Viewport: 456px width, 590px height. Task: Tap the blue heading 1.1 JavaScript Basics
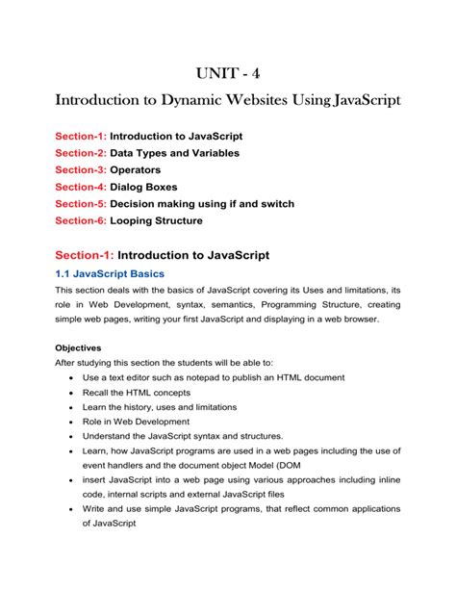(112, 274)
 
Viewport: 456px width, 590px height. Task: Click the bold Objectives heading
(83, 347)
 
